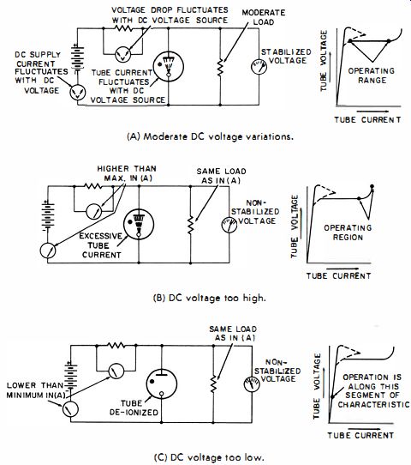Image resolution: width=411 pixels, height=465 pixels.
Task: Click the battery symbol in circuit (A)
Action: [78, 57]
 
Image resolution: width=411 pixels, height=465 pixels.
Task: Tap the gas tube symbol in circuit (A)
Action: [168, 66]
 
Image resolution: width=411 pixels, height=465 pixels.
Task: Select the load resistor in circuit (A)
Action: [220, 67]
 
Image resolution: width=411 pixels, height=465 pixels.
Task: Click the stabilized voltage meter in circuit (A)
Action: [259, 67]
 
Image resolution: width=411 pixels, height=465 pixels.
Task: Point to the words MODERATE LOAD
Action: [264, 17]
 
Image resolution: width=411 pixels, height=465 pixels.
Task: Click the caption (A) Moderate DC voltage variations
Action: [210, 136]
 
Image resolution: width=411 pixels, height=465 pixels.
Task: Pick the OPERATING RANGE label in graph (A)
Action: [372, 75]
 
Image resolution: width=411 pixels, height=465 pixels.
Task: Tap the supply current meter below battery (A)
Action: [78, 93]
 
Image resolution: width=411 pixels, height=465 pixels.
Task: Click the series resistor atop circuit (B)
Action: [93, 186]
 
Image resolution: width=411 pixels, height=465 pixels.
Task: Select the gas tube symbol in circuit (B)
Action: [139, 224]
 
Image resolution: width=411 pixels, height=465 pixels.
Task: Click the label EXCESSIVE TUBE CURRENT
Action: [100, 245]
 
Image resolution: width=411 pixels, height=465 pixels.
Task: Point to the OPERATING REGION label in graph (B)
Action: [348, 232]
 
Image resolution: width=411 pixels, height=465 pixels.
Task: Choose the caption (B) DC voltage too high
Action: [210, 298]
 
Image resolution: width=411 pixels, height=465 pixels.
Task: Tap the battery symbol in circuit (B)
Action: [48, 216]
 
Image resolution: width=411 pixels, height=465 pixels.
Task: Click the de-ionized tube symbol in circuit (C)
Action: [162, 384]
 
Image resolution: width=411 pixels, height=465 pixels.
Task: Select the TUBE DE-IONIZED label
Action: [134, 408]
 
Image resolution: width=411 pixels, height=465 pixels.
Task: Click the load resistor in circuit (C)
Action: [213, 384]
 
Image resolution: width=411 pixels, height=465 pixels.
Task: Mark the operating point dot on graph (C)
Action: [332, 396]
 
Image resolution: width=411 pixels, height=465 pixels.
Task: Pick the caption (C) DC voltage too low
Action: [209, 457]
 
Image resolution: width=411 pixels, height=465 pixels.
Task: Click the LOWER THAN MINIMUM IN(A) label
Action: [35, 390]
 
